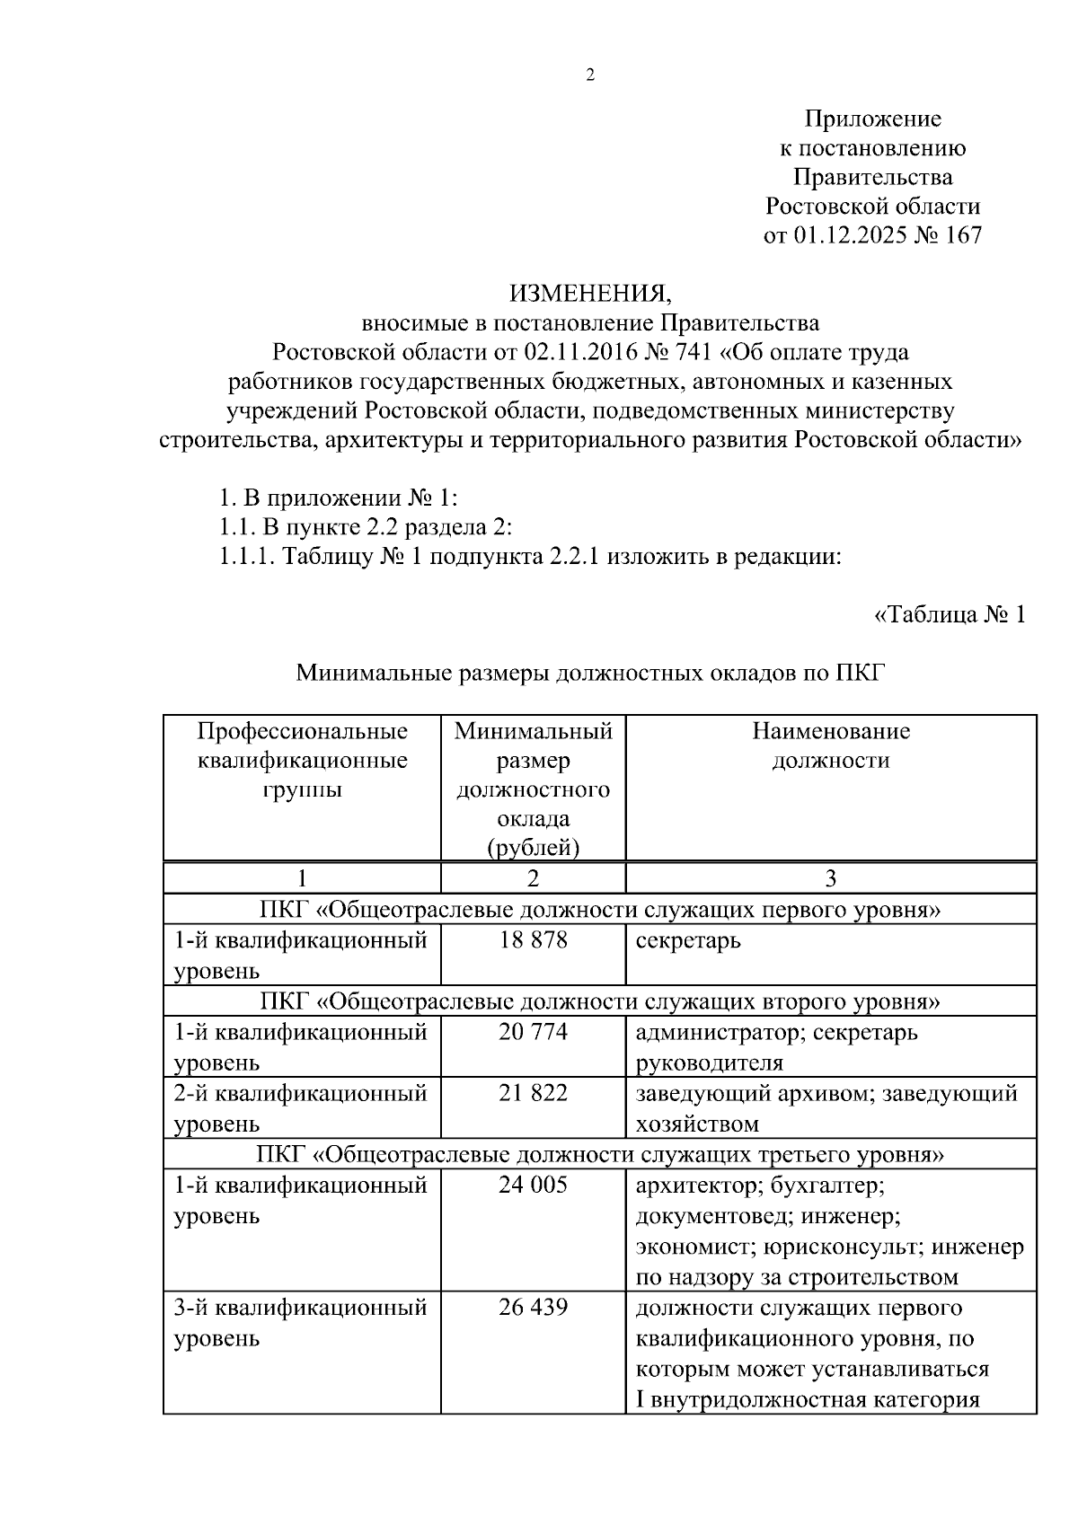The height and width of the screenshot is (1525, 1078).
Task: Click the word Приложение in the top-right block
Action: click(872, 119)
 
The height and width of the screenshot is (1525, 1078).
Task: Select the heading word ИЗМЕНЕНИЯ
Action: click(589, 294)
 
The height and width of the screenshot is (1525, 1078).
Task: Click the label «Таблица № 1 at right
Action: click(949, 615)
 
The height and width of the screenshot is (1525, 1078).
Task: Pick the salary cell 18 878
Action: click(534, 940)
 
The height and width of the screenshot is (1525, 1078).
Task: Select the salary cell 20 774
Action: click(534, 1032)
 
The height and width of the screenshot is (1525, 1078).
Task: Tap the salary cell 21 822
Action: click(534, 1093)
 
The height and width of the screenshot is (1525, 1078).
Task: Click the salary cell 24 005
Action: click(534, 1185)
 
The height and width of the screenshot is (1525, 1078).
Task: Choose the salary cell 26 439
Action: click(534, 1307)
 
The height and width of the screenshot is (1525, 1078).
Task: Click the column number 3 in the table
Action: click(830, 877)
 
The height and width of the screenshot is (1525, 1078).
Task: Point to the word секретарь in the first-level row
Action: click(688, 941)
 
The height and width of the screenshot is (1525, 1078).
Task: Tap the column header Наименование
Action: click(830, 731)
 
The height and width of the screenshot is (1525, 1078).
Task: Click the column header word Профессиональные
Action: click(302, 731)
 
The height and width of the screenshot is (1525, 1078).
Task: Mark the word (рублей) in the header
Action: click(534, 847)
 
